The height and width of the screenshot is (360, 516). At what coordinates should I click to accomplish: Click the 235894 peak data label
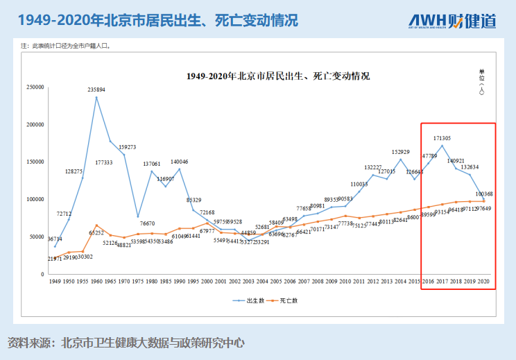click(96, 89)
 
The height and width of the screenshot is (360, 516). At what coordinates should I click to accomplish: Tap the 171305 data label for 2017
click(442, 138)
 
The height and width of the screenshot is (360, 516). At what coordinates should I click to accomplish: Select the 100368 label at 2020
click(484, 194)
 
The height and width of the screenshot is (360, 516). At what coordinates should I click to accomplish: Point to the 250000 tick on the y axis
click(35, 87)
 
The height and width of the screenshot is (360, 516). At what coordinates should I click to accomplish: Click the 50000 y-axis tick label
click(37, 237)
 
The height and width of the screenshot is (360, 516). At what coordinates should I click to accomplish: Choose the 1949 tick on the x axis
click(55, 282)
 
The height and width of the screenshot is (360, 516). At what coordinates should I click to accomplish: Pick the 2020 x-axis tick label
click(483, 282)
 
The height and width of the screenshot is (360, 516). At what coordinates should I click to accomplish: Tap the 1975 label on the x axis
click(138, 282)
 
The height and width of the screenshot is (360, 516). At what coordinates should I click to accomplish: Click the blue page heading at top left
click(158, 20)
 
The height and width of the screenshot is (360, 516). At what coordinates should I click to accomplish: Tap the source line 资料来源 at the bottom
click(126, 343)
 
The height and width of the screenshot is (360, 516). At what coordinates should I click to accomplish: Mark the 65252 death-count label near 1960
click(96, 232)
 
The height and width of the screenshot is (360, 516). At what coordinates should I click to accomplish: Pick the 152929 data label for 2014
click(400, 152)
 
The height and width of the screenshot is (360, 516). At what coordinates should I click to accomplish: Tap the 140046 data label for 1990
click(180, 162)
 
